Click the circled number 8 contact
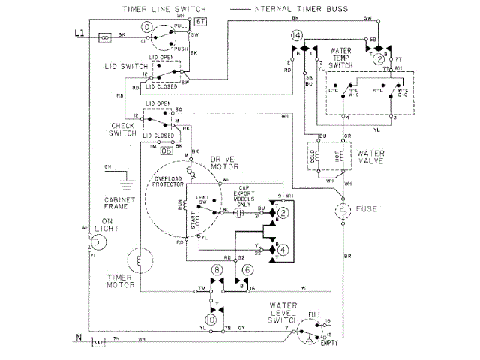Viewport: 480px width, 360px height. pos(217,268)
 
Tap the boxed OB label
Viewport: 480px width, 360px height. pos(166,151)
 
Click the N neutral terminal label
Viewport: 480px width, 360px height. pos(78,339)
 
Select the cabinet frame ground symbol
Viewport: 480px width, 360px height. pos(117,181)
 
